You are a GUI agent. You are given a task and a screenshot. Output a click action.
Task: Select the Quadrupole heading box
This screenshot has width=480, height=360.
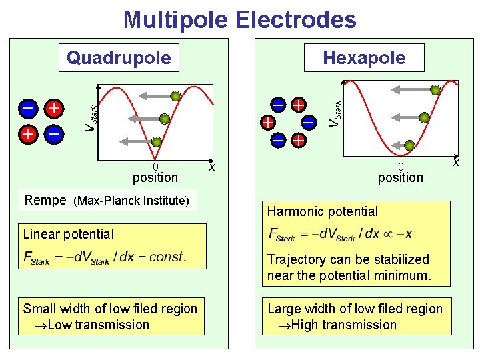point(118,58)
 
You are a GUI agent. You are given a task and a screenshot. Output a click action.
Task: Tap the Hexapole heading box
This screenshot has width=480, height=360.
point(364,58)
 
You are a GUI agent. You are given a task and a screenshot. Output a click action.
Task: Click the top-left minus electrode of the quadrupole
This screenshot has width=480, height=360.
point(28,107)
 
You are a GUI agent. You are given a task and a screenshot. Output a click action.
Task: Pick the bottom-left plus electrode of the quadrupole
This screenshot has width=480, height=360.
point(28,134)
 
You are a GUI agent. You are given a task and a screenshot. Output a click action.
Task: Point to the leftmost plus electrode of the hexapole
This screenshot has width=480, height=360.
point(267,123)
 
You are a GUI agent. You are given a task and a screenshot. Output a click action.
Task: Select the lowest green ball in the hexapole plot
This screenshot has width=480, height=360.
point(410,145)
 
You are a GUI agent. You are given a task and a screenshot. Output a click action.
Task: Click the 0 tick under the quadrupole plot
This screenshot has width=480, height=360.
point(155,167)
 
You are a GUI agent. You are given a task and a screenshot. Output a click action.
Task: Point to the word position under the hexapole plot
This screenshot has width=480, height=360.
point(400,177)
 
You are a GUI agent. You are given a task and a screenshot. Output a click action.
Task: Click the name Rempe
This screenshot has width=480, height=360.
point(45,200)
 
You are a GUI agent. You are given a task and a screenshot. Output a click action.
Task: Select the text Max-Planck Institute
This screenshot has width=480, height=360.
point(131,201)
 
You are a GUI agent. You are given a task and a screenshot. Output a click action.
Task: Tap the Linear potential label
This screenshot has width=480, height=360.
point(69,234)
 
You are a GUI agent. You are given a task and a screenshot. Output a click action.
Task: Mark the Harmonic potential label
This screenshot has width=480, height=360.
point(323,212)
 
